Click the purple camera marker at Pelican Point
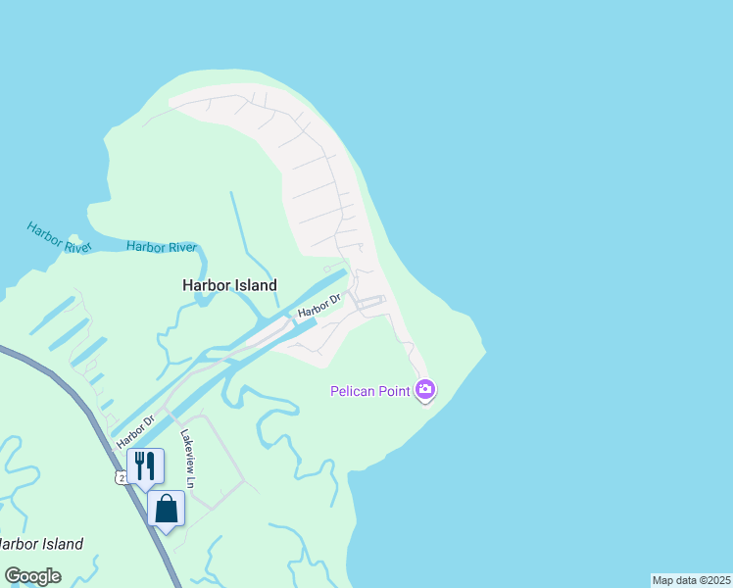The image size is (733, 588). [424, 390]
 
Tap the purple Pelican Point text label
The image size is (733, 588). [371, 392]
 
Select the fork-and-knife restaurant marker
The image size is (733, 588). [145, 466]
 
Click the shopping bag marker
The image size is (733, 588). [166, 509]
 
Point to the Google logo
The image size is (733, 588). [32, 576]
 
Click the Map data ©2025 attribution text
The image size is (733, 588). [691, 580]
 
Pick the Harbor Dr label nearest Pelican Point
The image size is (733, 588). [320, 306]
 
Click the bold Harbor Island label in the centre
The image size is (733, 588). [229, 285]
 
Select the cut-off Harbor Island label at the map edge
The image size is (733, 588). [39, 544]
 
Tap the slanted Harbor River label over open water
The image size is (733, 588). [58, 237]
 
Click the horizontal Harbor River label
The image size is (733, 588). [162, 247]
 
